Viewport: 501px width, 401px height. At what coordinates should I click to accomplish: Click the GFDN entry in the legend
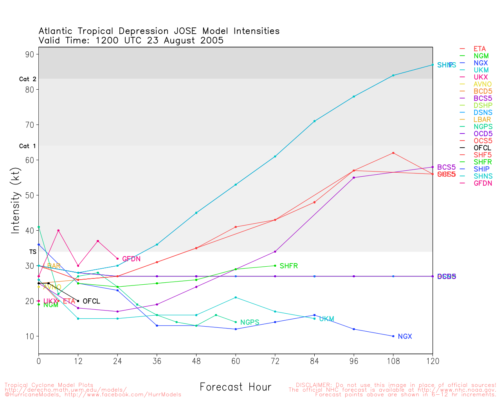coord(483,183)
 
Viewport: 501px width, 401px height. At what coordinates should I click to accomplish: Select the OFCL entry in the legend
coord(482,148)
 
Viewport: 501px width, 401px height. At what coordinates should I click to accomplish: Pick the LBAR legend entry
coord(482,120)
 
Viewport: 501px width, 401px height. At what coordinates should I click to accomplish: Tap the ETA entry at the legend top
coord(479,49)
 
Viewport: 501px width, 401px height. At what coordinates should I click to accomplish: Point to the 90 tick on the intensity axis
coord(30,54)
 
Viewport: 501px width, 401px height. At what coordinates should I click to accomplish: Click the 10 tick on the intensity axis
coord(30,336)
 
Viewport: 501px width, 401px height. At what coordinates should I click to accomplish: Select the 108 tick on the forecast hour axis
coord(393,361)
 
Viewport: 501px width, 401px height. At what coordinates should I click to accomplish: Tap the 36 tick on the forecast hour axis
coord(157,361)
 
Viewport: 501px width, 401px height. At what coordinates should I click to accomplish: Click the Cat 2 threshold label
coord(27,79)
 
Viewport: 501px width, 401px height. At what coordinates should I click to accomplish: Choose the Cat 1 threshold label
coord(27,146)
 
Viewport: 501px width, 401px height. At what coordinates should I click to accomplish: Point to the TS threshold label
coord(32,252)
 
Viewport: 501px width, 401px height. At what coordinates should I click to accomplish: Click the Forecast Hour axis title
coord(235,387)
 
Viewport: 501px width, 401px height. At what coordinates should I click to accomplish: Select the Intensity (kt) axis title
coord(15,206)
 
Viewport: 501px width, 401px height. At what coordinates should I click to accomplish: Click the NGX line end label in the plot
coord(405,336)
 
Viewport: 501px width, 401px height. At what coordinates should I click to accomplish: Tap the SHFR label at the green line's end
coord(288,266)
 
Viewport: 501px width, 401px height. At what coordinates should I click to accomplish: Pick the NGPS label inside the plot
coord(250,322)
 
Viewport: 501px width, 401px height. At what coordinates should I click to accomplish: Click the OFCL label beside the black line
coord(91,301)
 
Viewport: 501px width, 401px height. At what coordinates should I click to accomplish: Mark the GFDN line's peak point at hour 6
coord(58,231)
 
